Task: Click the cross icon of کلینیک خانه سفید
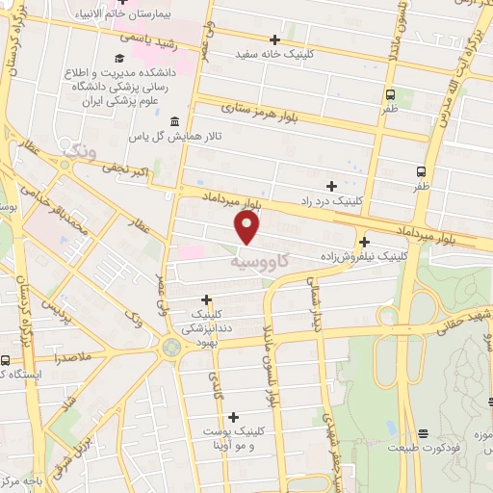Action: coord(275,39)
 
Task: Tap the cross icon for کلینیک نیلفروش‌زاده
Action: coord(364,243)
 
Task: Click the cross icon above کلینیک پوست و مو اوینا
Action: coord(233,417)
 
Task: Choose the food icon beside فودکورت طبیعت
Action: coord(425,434)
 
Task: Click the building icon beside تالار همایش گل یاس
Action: coord(173,121)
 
